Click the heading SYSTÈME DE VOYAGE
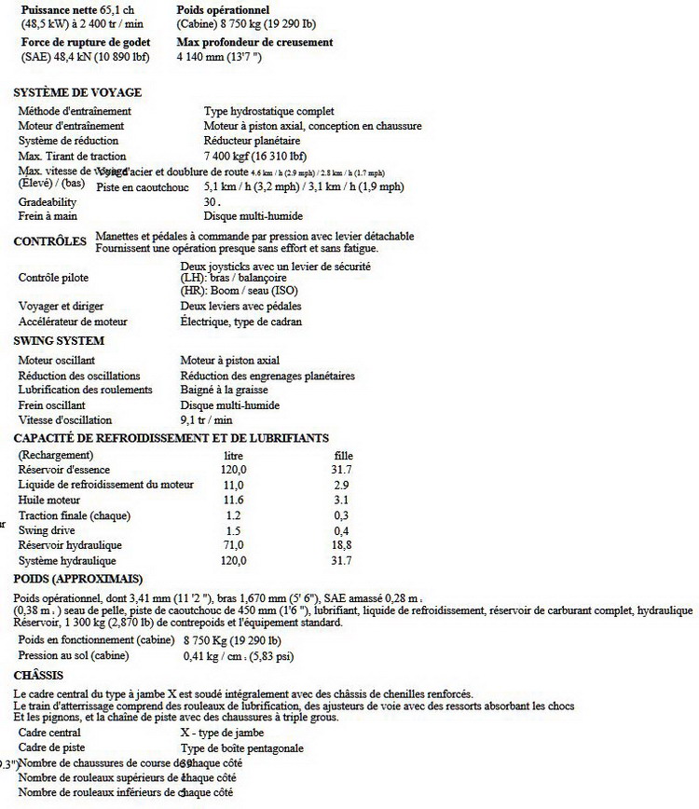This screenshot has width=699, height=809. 76,92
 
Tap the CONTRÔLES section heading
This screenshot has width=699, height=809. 52,241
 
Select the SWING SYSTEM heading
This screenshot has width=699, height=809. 59,340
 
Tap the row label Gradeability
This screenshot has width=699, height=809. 48,201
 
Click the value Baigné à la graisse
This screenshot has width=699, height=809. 224,391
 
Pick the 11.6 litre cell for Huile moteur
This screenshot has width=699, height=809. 234,500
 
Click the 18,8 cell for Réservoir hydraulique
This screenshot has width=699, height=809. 342,545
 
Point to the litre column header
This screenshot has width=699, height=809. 234,455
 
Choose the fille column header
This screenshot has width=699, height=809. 342,455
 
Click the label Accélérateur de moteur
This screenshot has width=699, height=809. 73,322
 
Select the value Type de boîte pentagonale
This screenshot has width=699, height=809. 242,747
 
